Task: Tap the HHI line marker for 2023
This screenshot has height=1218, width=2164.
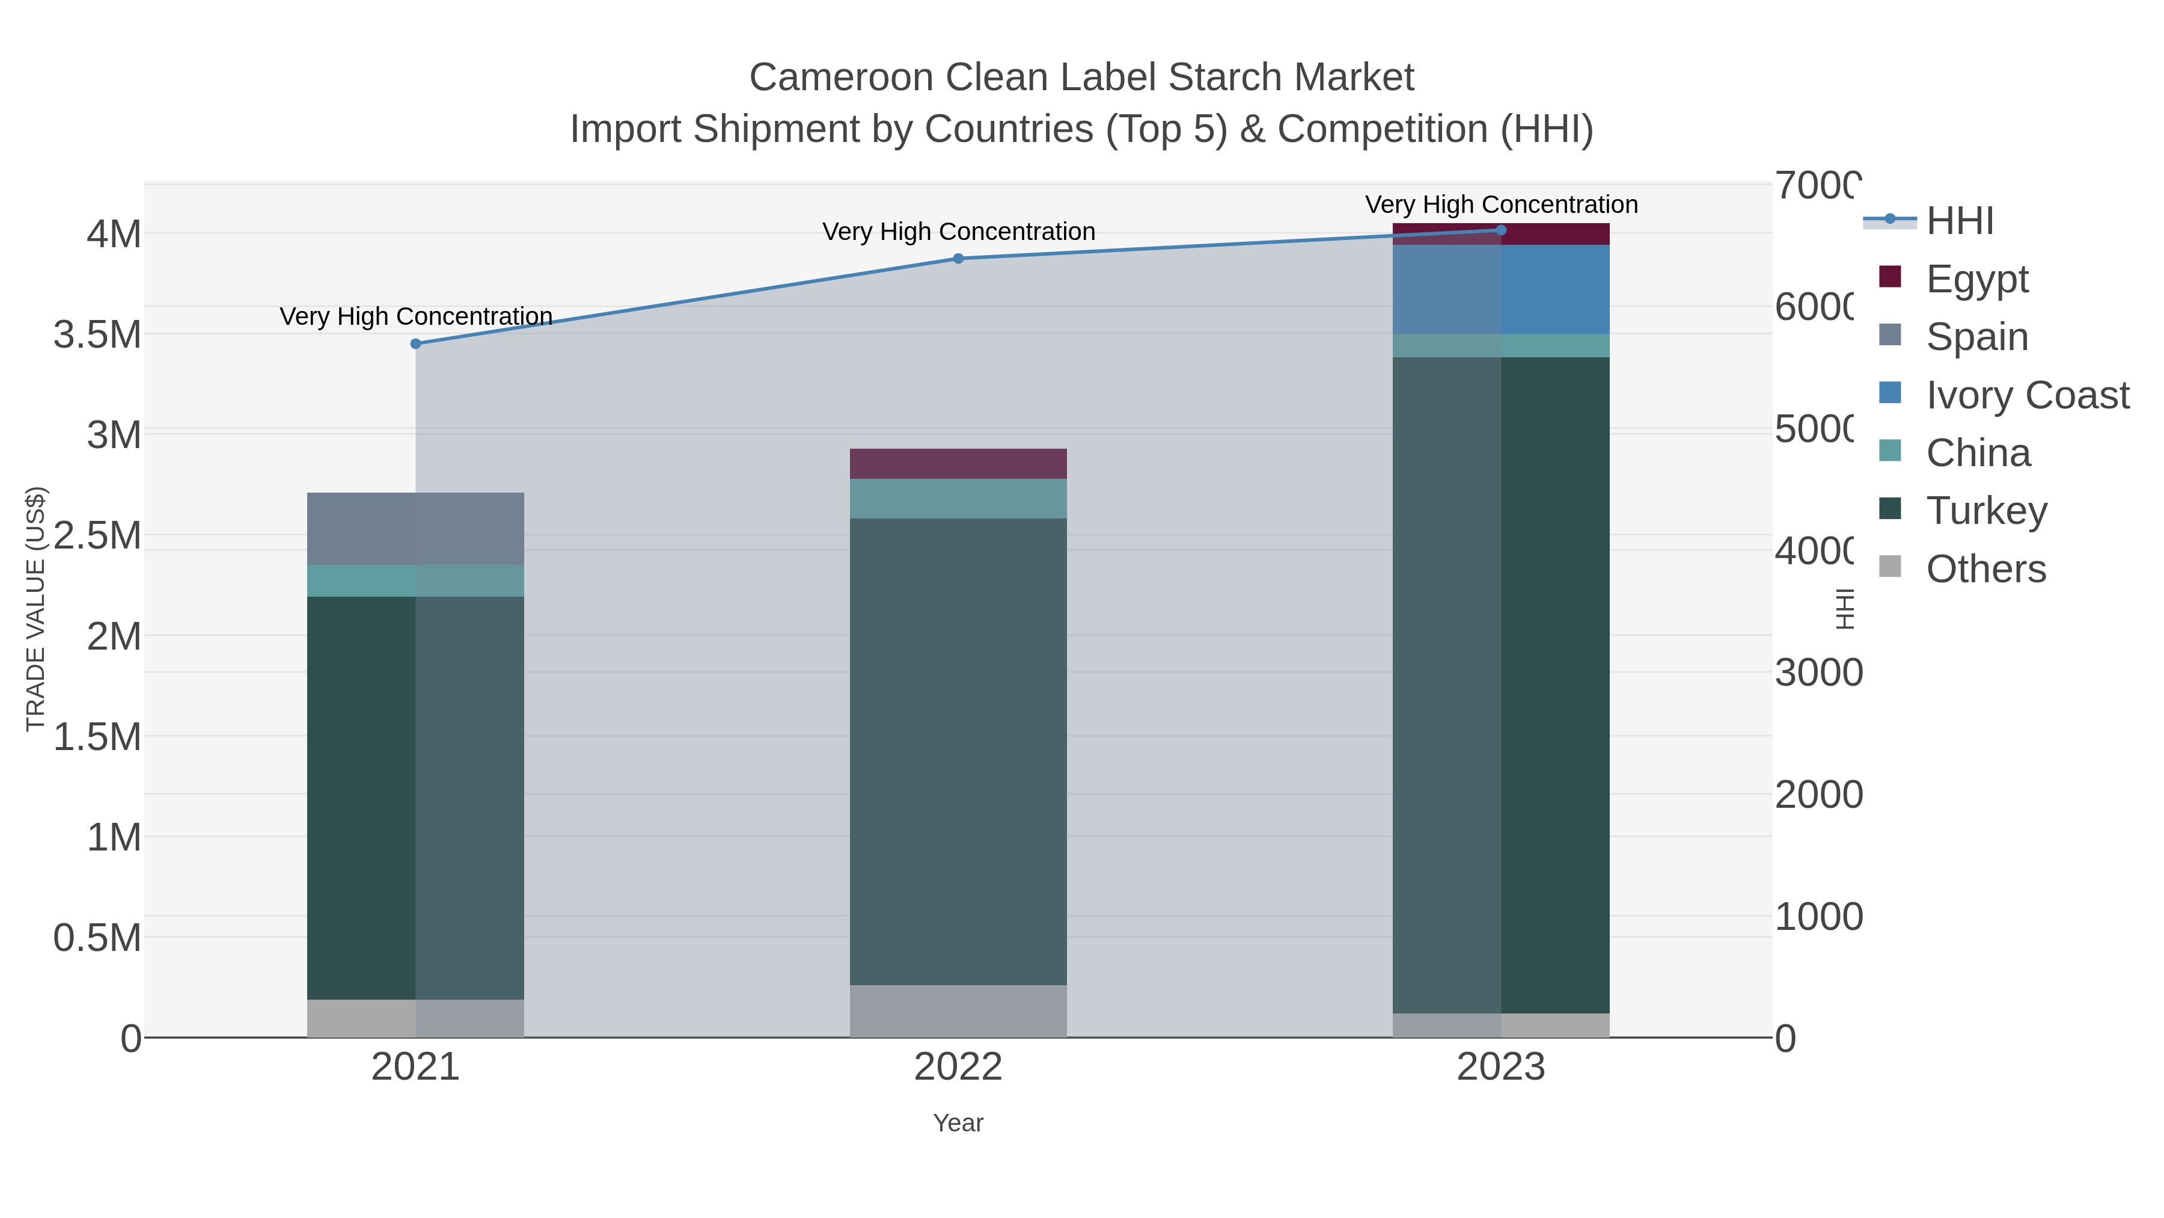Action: tap(1500, 230)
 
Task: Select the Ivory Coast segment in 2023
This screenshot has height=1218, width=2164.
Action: tap(1500, 289)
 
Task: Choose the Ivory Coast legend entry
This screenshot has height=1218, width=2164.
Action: tap(2026, 395)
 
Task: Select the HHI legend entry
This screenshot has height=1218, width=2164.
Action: tap(1959, 221)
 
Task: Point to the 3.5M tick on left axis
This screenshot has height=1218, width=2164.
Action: tap(97, 334)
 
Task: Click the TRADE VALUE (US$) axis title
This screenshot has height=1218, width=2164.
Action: tap(35, 609)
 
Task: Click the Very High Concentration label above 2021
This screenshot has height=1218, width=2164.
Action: tap(416, 317)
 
